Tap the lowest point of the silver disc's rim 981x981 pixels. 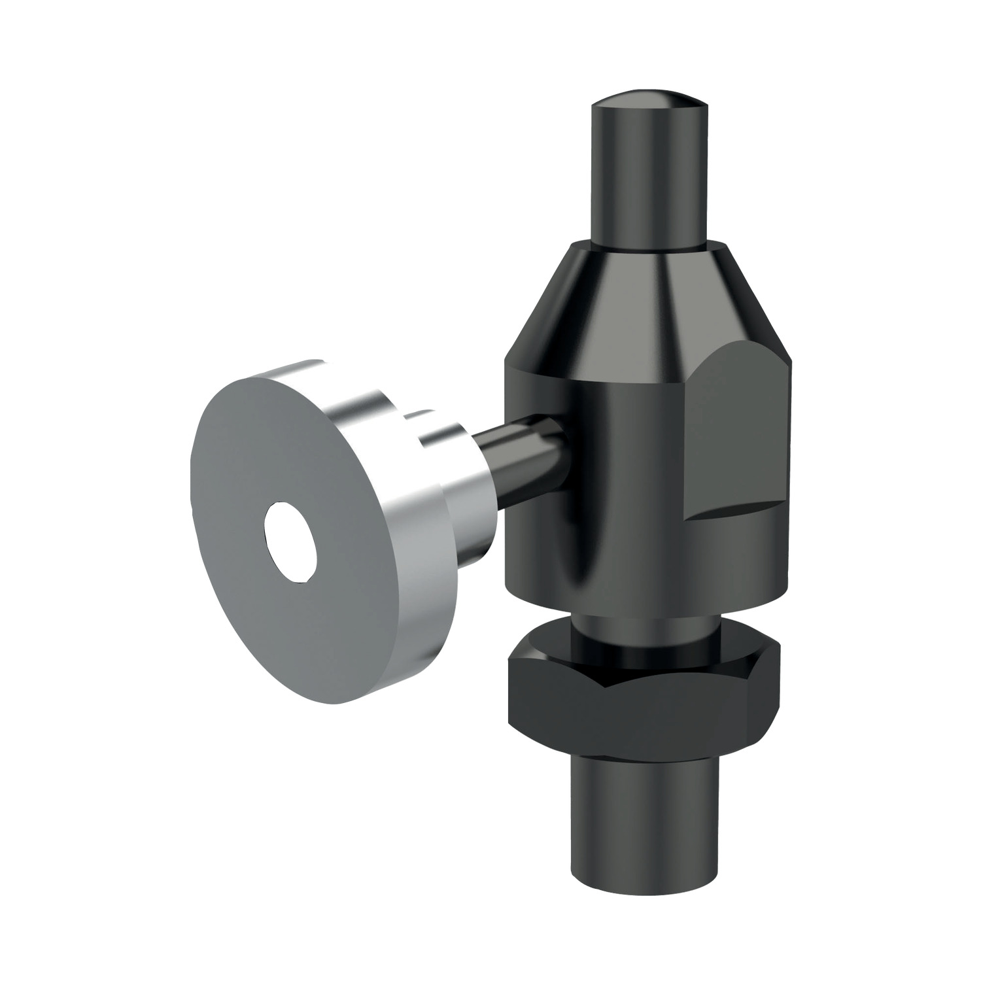(x=340, y=703)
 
